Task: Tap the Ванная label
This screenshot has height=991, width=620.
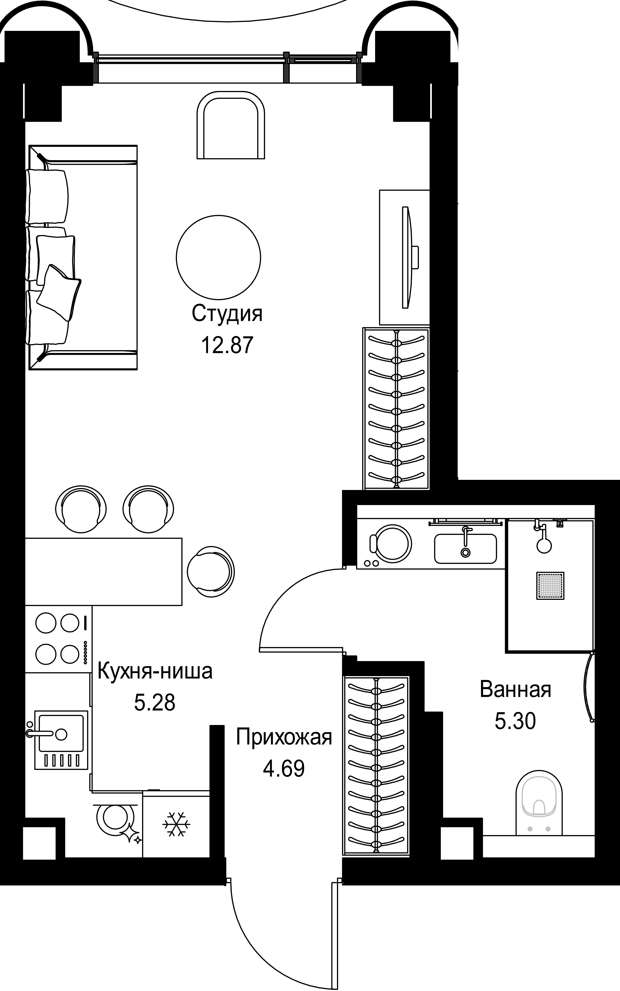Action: [x=515, y=689]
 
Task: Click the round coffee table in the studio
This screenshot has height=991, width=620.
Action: [x=219, y=257]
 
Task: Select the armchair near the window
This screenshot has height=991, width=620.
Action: [x=231, y=125]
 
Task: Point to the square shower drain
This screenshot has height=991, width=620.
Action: [x=550, y=586]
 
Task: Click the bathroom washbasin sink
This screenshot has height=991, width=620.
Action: [x=465, y=548]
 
